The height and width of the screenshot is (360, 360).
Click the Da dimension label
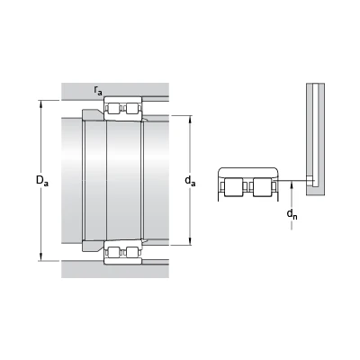tap(42, 181)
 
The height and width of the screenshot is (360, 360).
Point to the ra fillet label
tap(98, 90)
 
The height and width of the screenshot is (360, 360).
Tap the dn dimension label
tap(292, 214)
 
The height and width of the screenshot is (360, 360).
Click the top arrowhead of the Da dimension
tap(40, 103)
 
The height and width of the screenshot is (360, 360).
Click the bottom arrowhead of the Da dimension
tap(40, 257)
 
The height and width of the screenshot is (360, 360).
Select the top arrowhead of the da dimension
tap(190, 120)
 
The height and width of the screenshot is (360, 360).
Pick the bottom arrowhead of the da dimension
tap(190, 241)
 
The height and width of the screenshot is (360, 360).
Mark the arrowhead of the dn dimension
tap(292, 185)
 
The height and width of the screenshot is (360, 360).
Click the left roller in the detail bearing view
tap(233, 187)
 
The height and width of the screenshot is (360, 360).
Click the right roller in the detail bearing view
tap(262, 187)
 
